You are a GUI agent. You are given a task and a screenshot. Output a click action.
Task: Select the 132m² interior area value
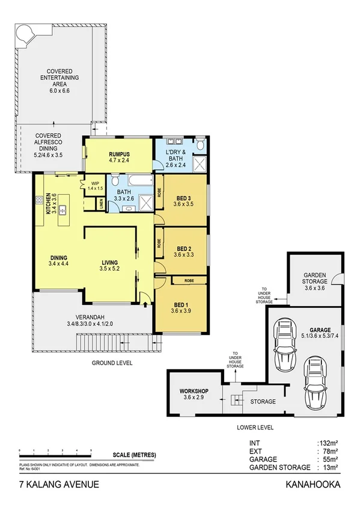pyautogui.click(x=328, y=442)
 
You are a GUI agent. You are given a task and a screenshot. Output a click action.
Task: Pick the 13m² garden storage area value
pyautogui.click(x=327, y=467)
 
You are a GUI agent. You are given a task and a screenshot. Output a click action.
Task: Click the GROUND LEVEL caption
pyautogui.click(x=112, y=363)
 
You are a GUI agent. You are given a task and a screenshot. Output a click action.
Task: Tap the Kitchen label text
pyautogui.click(x=48, y=204)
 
